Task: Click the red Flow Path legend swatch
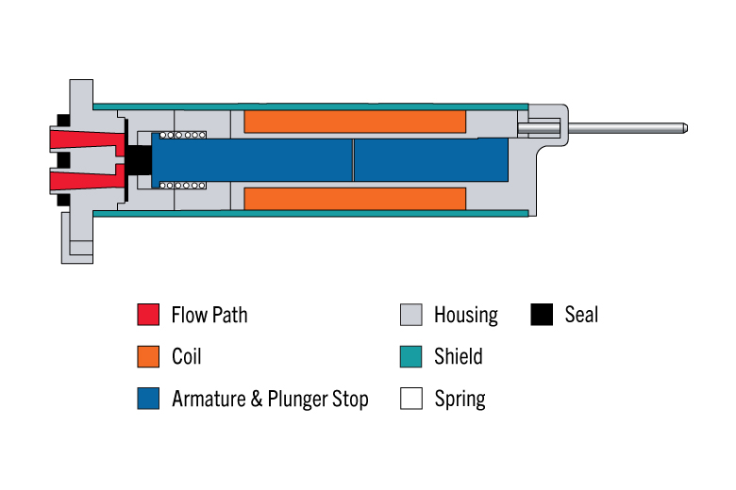[148, 314]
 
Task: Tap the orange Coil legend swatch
[148, 356]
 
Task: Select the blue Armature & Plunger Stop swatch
[148, 398]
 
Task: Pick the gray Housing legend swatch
[411, 314]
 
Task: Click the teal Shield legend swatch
[411, 356]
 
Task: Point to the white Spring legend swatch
[411, 398]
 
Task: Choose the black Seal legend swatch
[542, 314]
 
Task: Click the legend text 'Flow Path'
[209, 315]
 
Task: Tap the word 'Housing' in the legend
[466, 316]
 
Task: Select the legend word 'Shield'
[459, 356]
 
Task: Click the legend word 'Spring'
[460, 400]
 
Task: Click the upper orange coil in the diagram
[355, 122]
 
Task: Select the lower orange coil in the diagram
[355, 199]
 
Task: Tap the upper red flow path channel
[88, 141]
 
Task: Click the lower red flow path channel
[88, 179]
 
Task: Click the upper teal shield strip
[310, 106]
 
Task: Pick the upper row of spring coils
[183, 135]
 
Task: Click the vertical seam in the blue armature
[353, 159]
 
